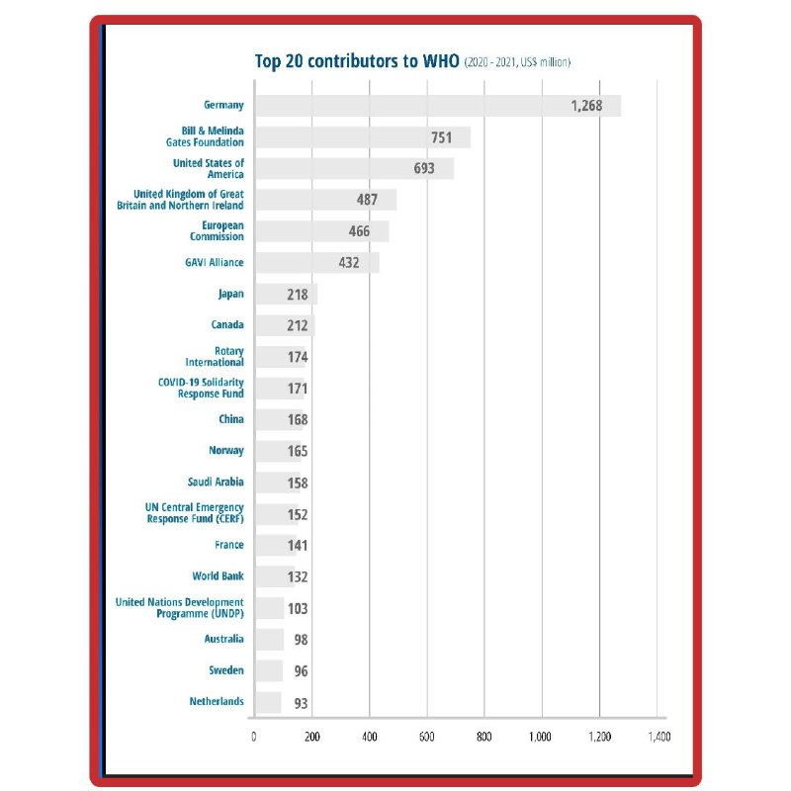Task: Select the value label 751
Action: [441, 137]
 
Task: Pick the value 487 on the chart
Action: [368, 200]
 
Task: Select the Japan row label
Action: [231, 294]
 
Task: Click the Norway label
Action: [226, 451]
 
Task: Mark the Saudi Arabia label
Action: [216, 483]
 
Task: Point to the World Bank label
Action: [219, 575]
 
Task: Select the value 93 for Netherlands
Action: [301, 703]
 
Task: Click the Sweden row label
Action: [226, 670]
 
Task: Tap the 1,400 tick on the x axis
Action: [659, 737]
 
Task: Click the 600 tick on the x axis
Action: [427, 737]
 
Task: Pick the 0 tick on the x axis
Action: [254, 737]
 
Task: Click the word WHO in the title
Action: [439, 61]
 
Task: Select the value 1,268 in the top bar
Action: [586, 106]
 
